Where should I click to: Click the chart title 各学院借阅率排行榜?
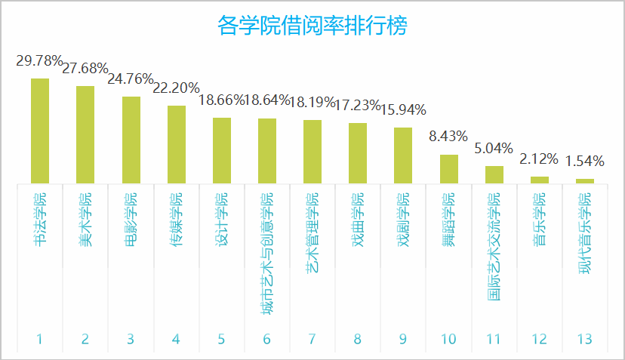coord(312,26)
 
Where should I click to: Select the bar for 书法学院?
coord(40,131)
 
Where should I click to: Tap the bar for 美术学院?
coord(85,134)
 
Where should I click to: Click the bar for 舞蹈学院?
coord(449,169)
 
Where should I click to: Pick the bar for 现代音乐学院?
coord(585,181)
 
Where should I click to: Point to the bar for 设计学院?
coord(222,150)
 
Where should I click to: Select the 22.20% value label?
coord(176,88)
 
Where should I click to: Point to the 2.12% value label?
coord(539,159)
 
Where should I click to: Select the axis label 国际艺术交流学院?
coord(494,247)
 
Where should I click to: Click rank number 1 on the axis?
coord(40,339)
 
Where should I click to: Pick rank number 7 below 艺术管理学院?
coord(312,339)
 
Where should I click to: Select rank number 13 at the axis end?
coord(585,339)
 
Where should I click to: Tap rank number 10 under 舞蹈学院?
coord(449,339)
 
